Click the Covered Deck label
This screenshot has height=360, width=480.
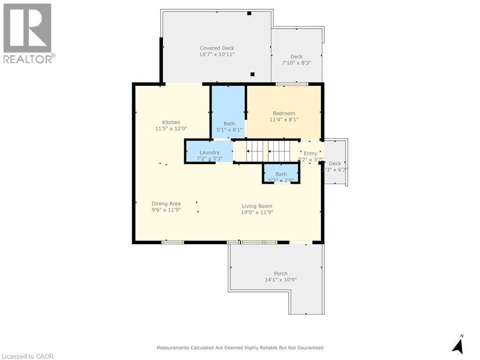click(x=217, y=48)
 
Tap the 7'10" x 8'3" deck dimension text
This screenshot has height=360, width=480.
click(x=296, y=63)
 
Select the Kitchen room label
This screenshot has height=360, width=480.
click(x=171, y=122)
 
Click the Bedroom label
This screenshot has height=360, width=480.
click(x=284, y=113)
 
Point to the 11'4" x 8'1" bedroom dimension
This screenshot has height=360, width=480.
click(x=284, y=120)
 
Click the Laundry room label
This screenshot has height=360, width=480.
click(x=210, y=152)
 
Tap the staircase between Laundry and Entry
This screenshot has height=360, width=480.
click(x=269, y=151)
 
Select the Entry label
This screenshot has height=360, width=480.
click(x=310, y=153)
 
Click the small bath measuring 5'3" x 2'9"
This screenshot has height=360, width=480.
click(x=281, y=174)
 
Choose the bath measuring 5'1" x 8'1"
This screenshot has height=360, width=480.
click(x=229, y=124)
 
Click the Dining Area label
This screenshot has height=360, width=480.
click(x=166, y=203)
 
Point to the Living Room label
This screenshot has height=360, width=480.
click(x=257, y=206)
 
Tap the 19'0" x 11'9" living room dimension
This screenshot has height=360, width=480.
click(x=257, y=212)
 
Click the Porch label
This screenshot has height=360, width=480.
click(x=281, y=273)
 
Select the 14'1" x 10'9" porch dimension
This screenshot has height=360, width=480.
click(x=281, y=280)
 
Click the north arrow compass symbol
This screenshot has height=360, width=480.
click(x=458, y=345)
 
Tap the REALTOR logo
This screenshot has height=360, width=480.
click(x=28, y=33)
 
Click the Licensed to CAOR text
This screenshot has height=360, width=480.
click(x=28, y=356)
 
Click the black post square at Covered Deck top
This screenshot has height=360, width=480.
click(x=249, y=13)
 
